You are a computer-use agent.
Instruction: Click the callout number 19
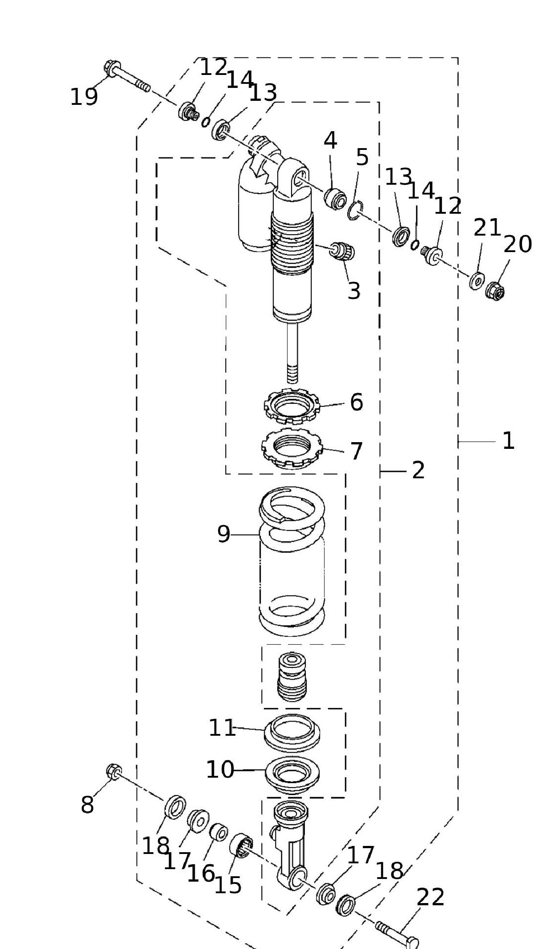(x=84, y=97)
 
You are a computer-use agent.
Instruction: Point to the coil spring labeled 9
(x=292, y=562)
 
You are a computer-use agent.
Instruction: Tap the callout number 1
(x=508, y=441)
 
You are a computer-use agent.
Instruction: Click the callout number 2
(x=418, y=470)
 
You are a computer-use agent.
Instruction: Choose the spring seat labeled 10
(x=292, y=775)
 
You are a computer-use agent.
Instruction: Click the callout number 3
(x=354, y=291)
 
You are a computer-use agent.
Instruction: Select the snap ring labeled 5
(x=355, y=211)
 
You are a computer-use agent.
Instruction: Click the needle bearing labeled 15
(x=241, y=845)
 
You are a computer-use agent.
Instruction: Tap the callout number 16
(x=201, y=873)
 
